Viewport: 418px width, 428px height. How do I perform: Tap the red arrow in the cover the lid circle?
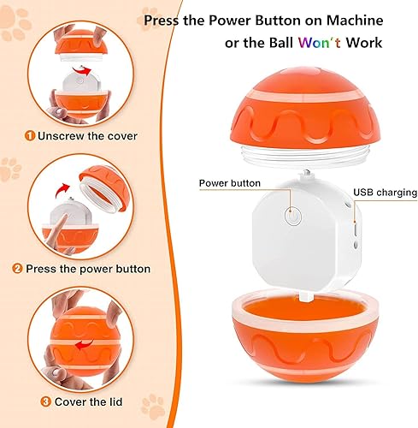[77, 347]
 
